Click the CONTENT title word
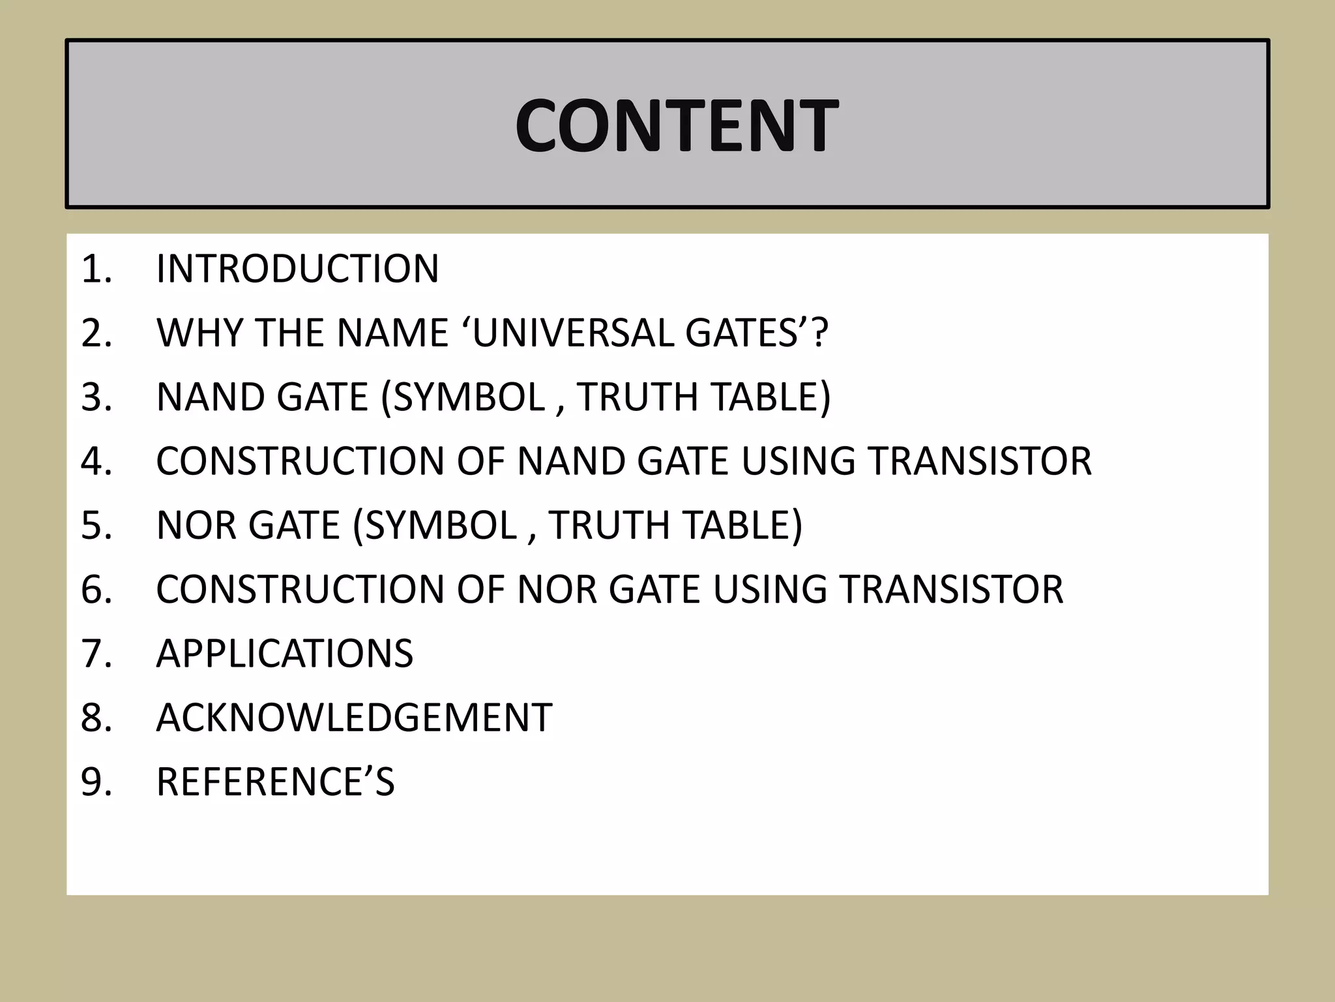tap(676, 126)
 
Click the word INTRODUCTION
tap(297, 269)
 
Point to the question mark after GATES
tap(820, 333)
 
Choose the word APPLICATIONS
tap(284, 654)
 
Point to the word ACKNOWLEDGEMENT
tap(354, 718)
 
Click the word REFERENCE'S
tap(275, 782)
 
